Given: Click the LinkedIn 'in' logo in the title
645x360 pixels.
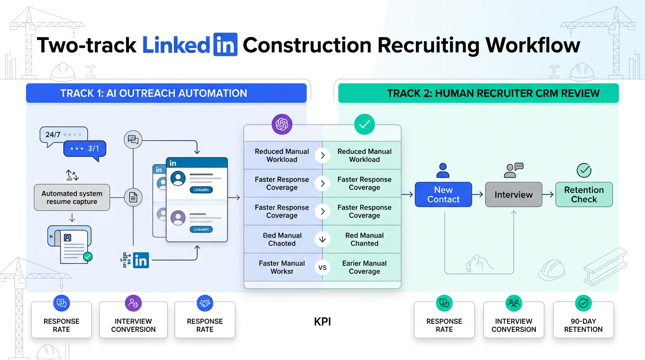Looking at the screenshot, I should click(225, 45).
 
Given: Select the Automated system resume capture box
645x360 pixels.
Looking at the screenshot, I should click(72, 197).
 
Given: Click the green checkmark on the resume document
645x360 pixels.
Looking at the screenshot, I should click(87, 256).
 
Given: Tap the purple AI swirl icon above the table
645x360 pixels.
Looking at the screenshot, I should click(282, 124).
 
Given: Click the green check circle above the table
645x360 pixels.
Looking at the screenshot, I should click(364, 124).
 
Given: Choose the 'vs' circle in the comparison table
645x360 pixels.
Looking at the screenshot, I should click(322, 268).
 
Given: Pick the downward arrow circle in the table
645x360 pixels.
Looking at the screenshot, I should click(322, 240).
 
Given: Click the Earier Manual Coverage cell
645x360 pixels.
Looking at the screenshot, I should click(364, 267).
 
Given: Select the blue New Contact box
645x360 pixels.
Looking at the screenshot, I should click(443, 195).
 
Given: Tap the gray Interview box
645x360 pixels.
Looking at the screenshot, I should click(513, 195).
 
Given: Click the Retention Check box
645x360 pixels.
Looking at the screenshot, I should click(584, 195).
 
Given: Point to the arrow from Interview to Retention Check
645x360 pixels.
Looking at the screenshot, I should click(548, 194).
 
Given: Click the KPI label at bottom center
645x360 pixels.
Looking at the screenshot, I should click(322, 322).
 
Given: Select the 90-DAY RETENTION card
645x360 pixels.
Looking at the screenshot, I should click(583, 320).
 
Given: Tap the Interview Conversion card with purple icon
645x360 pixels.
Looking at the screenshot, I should click(133, 320).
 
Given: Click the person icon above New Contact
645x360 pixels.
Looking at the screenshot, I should click(443, 170).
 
